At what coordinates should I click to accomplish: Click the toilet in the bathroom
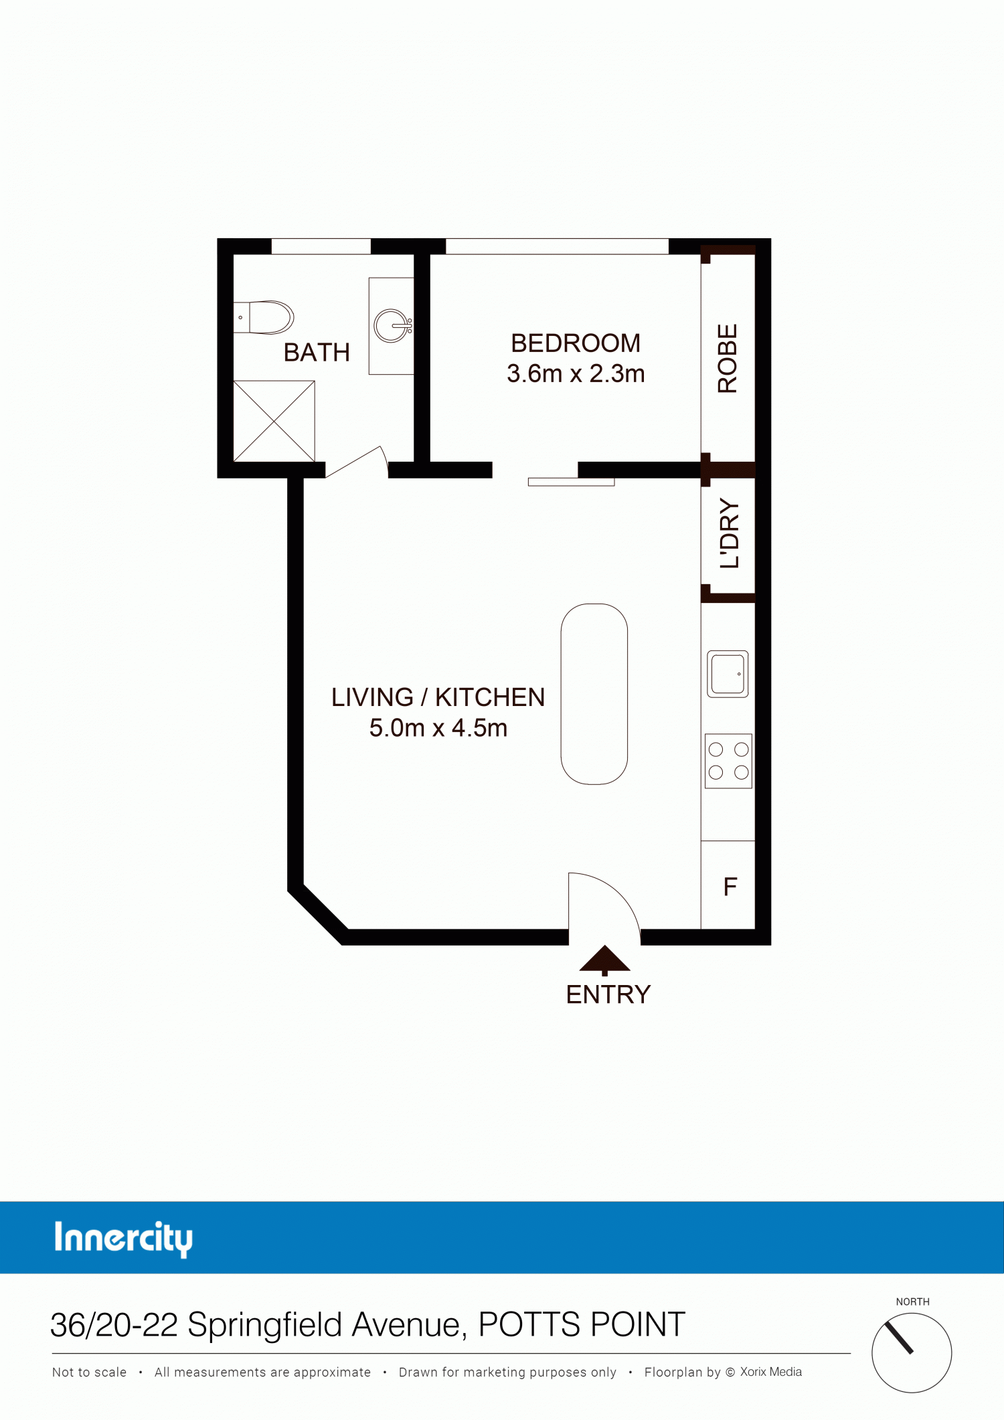click(x=264, y=317)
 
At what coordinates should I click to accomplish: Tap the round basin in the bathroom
click(x=392, y=326)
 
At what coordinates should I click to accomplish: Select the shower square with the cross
click(x=274, y=421)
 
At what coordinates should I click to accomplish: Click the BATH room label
click(x=317, y=353)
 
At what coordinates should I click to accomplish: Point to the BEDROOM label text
click(x=576, y=343)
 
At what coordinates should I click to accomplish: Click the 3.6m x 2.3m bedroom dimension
click(x=576, y=373)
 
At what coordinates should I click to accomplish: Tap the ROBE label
click(x=728, y=359)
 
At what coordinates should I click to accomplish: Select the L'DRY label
click(x=730, y=533)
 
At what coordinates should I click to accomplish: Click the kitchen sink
click(x=728, y=674)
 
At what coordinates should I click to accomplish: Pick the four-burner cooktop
click(x=728, y=761)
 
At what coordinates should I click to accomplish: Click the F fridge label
click(x=730, y=887)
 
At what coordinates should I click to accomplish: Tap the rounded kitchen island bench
click(x=594, y=694)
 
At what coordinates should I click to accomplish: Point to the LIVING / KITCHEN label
click(x=438, y=697)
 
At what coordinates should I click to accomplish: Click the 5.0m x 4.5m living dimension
click(x=438, y=728)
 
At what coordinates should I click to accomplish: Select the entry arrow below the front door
click(x=604, y=960)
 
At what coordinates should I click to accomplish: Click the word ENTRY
click(x=608, y=995)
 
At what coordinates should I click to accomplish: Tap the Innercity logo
click(x=124, y=1239)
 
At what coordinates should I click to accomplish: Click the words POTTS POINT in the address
click(x=582, y=1324)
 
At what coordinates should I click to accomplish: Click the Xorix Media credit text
click(x=771, y=1372)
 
